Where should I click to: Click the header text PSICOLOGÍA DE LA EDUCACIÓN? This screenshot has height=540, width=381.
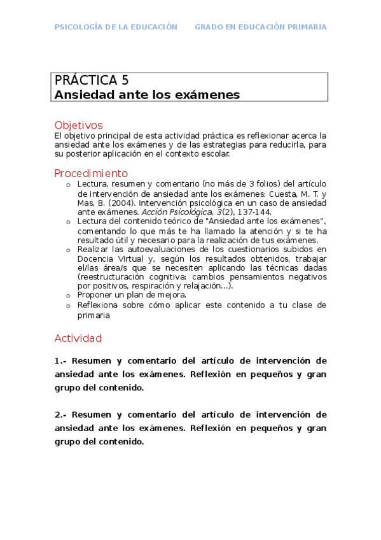coord(116,27)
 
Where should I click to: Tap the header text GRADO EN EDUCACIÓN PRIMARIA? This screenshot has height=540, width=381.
coord(260,27)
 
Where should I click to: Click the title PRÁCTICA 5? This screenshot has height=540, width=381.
coord(92,80)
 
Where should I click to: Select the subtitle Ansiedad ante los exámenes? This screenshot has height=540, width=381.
coord(147,95)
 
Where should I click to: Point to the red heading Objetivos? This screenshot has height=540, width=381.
coord(78,125)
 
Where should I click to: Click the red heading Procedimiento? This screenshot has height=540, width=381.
coord(91,173)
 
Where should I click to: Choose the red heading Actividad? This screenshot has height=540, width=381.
coord(78,338)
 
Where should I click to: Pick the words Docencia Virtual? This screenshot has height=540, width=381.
coord(107,259)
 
